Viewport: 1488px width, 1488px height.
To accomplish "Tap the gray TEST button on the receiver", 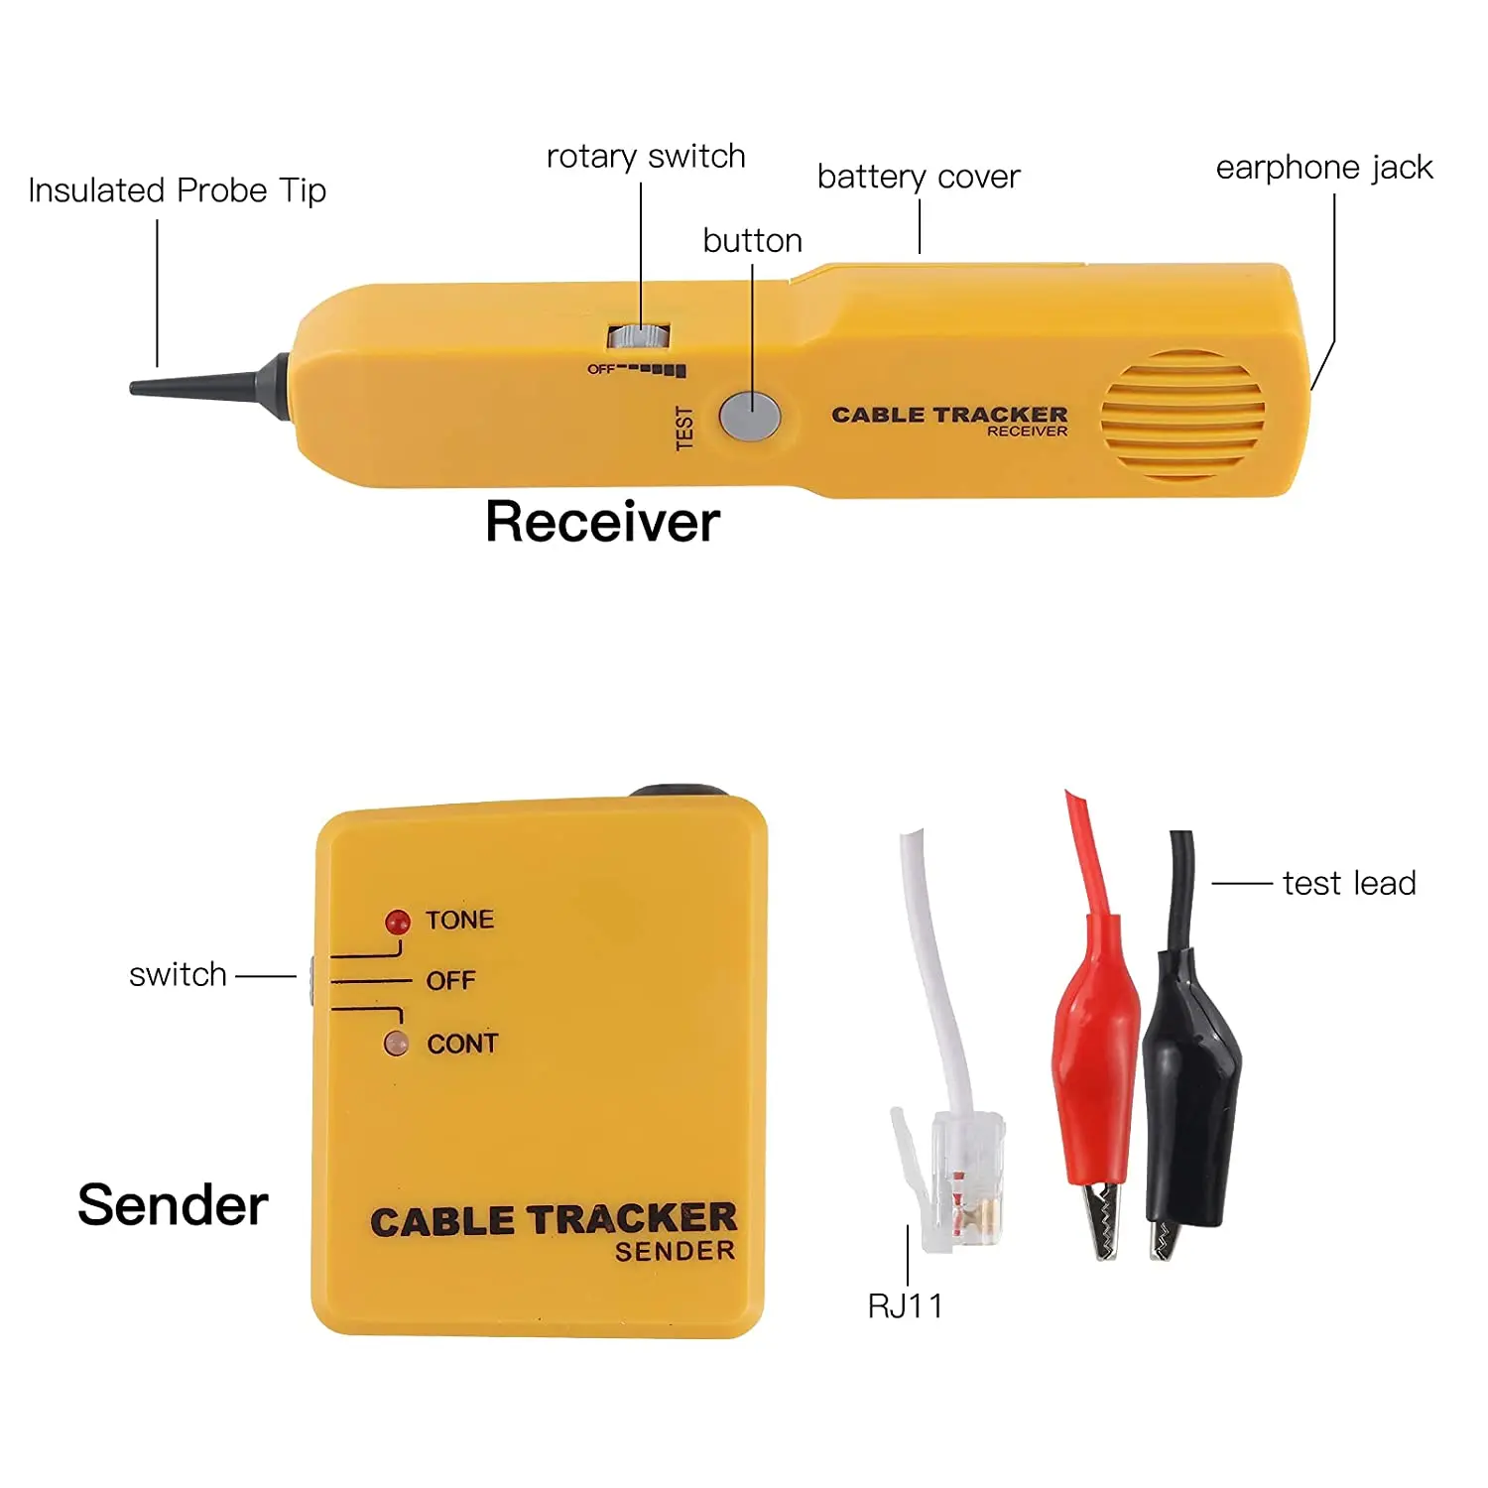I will [750, 415].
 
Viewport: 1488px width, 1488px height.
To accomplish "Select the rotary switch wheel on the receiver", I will [639, 336].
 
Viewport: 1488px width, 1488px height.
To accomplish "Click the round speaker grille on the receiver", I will [1181, 415].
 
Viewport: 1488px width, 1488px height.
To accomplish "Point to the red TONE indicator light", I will [398, 923].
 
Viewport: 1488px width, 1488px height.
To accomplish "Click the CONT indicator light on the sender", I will [396, 1044].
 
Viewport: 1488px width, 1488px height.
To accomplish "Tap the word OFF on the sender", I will [450, 981].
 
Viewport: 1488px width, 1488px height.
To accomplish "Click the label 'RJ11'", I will [905, 1306].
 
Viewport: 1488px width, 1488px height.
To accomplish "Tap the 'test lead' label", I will [1348, 883].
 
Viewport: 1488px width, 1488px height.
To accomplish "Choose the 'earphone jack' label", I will [1323, 168].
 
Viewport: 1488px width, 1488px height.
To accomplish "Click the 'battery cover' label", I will [918, 177].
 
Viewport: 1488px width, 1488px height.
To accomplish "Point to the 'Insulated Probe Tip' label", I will [177, 190].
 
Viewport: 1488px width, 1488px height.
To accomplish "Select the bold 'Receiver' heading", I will [602, 522].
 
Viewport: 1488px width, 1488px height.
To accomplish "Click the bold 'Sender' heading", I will [173, 1205].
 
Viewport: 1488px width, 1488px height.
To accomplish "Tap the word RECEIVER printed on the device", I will [1027, 432].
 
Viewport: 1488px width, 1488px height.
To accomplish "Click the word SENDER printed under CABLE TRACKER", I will [675, 1252].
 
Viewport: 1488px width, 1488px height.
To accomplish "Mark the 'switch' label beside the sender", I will [178, 975].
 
